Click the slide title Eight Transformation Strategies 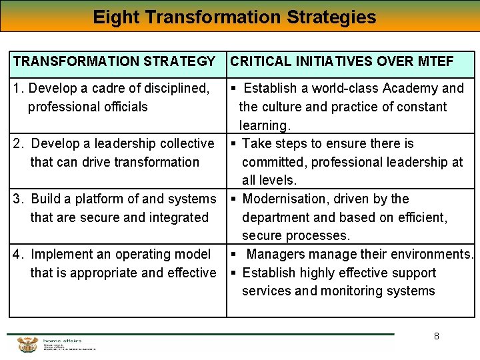point(235,17)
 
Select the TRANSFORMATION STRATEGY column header point(114,62)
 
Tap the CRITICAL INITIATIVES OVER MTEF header point(342,62)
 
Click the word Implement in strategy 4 point(62,255)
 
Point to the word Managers point(275,255)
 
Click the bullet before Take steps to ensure point(234,144)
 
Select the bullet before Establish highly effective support point(234,273)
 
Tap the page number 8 point(437,336)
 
